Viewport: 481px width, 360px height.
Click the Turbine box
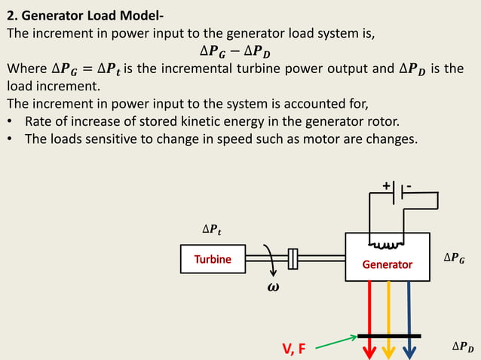[213, 259]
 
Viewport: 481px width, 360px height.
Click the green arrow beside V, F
[335, 342]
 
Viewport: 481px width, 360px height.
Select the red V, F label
[294, 349]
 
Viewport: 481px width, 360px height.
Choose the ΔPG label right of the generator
[453, 258]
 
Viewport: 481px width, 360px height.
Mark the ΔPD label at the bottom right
[463, 346]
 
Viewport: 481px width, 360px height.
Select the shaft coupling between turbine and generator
[294, 259]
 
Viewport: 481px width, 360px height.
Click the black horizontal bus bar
[389, 335]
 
